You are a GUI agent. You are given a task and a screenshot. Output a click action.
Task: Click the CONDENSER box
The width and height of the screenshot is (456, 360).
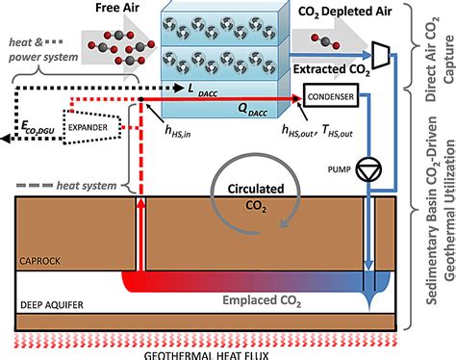[x=331, y=95]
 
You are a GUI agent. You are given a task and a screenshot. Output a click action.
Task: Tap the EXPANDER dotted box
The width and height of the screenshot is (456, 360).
[x=92, y=127]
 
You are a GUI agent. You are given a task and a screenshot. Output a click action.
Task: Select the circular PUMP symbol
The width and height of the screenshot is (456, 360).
[x=368, y=169]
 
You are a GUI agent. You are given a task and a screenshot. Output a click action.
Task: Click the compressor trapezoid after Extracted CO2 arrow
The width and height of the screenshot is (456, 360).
[x=381, y=55]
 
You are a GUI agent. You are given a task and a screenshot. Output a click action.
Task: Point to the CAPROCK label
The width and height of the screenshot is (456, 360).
[x=39, y=261]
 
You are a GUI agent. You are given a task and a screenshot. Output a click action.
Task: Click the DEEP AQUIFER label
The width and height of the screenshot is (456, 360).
[x=52, y=305]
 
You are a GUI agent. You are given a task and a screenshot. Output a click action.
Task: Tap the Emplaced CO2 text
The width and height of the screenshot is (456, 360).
[x=262, y=301]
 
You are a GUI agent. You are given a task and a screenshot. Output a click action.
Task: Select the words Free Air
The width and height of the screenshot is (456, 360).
[x=117, y=8]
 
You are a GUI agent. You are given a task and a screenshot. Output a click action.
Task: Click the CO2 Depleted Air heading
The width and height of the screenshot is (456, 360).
[x=344, y=12]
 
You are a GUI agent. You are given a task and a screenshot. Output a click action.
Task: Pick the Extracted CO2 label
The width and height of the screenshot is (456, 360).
[x=332, y=69]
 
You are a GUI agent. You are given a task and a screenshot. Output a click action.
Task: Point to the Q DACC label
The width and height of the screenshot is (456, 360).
[x=252, y=110]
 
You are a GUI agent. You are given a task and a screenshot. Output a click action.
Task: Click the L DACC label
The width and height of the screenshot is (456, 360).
[x=202, y=90]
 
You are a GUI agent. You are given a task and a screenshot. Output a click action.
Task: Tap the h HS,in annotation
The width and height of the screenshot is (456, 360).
[x=178, y=131]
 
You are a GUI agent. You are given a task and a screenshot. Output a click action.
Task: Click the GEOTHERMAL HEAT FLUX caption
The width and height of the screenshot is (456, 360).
[x=206, y=355]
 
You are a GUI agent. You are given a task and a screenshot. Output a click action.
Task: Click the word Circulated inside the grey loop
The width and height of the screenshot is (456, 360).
[x=256, y=189]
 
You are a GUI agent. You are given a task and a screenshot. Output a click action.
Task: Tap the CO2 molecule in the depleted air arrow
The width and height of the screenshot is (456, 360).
[x=325, y=41]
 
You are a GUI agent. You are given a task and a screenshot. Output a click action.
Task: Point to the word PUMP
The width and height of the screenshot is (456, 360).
[x=339, y=169]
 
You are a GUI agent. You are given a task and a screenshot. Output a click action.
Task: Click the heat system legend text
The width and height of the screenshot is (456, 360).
[x=87, y=186]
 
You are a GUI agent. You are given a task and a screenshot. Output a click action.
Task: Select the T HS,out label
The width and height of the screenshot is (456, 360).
[x=338, y=131]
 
